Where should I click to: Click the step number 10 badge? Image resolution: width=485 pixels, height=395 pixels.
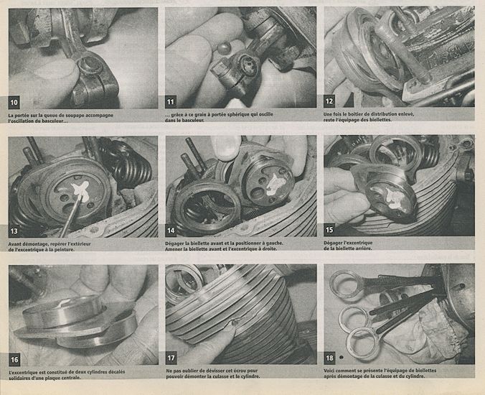pos(14,103)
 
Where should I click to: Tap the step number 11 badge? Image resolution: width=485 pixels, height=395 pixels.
pos(171,102)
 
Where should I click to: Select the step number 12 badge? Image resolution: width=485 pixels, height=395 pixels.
pos(329,101)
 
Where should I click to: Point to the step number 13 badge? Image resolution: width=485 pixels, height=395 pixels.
pos(14,231)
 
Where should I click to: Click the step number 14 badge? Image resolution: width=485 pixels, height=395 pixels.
pos(171,231)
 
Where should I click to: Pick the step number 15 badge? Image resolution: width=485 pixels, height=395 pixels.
pos(329,230)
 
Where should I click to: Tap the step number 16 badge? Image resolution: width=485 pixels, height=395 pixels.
pos(14,360)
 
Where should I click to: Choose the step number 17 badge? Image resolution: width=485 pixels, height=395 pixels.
pos(171,358)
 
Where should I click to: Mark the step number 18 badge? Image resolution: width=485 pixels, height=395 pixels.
pos(330,358)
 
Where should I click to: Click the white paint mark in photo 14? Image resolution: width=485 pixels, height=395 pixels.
pos(276,185)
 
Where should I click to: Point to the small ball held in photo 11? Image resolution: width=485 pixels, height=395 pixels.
pos(225,47)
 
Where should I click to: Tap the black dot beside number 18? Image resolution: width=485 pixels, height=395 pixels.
pos(342,357)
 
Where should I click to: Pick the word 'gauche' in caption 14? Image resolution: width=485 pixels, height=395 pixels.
pos(273,243)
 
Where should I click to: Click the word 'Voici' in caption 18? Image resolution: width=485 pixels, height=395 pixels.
pos(330,371)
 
